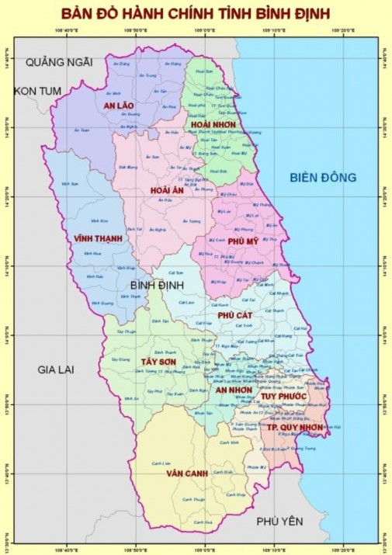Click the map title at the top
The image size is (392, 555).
pos(196,14)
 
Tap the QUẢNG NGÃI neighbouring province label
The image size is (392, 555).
pos(58,61)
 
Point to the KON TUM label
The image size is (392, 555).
pos(36,91)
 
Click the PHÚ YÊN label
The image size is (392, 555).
pos(280,521)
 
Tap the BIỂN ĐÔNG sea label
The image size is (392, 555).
pos(323,178)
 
